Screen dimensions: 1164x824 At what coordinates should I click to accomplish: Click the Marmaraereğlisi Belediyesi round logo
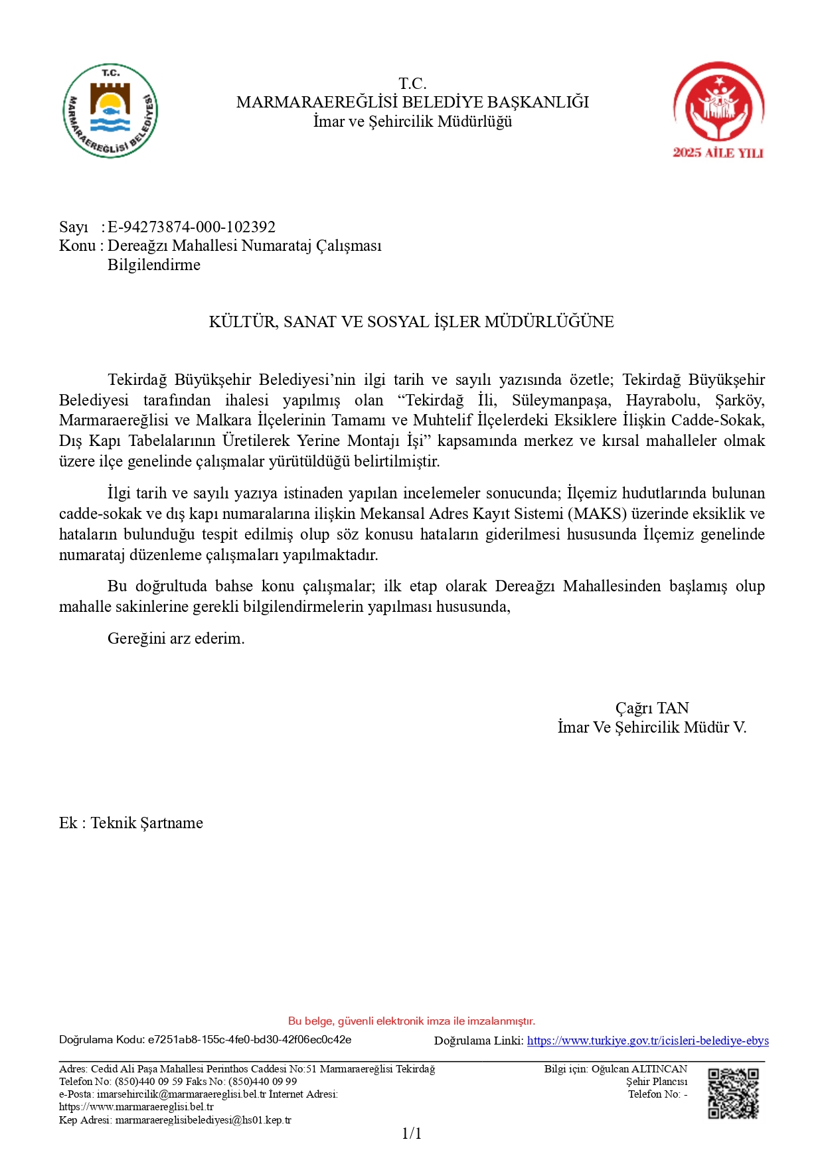coord(110,111)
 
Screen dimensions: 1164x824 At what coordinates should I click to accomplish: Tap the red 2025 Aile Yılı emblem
coord(718,110)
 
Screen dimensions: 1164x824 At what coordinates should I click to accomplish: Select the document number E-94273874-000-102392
coord(191,227)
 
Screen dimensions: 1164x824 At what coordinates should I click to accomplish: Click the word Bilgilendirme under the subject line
coord(153,265)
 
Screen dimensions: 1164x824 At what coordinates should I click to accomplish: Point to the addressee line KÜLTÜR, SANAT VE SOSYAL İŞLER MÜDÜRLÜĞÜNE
coord(411,322)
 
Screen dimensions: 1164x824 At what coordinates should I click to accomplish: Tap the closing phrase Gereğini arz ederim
coord(176,638)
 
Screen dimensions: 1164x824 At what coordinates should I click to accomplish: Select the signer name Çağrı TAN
coord(652,708)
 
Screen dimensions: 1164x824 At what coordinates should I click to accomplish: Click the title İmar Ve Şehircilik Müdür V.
coord(652,727)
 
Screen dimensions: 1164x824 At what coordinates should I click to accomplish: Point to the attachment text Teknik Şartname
coord(147,823)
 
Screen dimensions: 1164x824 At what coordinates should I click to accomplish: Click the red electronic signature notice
coord(412,1021)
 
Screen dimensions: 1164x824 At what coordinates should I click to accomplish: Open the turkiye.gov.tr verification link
coord(647,1041)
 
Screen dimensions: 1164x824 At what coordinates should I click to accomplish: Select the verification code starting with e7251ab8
coord(250,1040)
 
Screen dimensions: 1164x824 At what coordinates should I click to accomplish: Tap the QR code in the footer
coord(733,1093)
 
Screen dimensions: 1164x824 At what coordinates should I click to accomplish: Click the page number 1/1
coord(412,1133)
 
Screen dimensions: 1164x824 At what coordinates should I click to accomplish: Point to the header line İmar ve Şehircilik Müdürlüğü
coord(412,121)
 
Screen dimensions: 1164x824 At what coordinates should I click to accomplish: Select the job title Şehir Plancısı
coord(656,1082)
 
